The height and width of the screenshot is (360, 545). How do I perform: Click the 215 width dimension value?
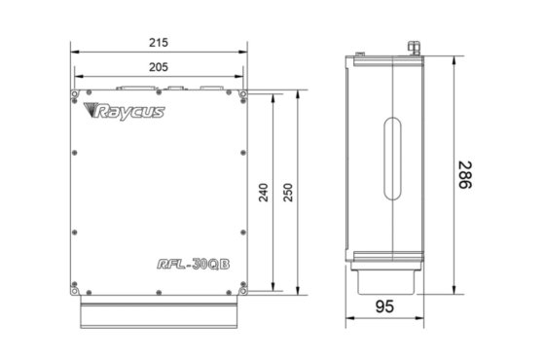[x=161, y=43]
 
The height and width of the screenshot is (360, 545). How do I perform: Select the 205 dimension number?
[x=161, y=67]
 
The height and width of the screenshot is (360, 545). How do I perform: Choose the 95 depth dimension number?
[x=386, y=307]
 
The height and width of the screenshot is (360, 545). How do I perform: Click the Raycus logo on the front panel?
[x=127, y=112]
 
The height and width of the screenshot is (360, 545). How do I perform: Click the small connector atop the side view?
[x=414, y=45]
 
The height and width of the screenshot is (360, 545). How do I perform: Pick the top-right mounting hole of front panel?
[x=245, y=95]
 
